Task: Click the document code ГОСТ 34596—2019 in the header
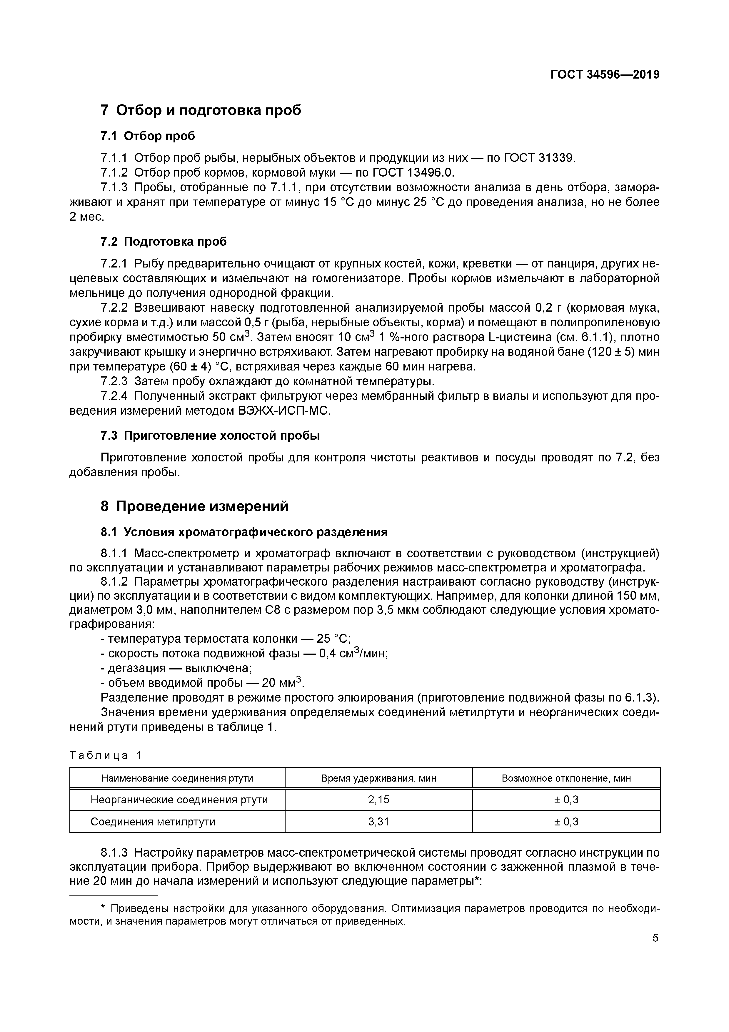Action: pyautogui.click(x=605, y=75)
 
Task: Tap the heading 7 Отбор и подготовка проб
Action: pyautogui.click(x=201, y=110)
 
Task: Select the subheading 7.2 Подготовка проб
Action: pyautogui.click(x=164, y=242)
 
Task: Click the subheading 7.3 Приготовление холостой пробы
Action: pyautogui.click(x=210, y=436)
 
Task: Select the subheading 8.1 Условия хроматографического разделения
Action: pyautogui.click(x=244, y=532)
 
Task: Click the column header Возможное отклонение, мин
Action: pyautogui.click(x=566, y=778)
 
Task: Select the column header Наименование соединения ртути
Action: pyautogui.click(x=177, y=778)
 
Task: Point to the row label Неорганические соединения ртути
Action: pyautogui.click(x=179, y=800)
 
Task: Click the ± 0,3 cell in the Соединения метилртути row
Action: pyautogui.click(x=566, y=822)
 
